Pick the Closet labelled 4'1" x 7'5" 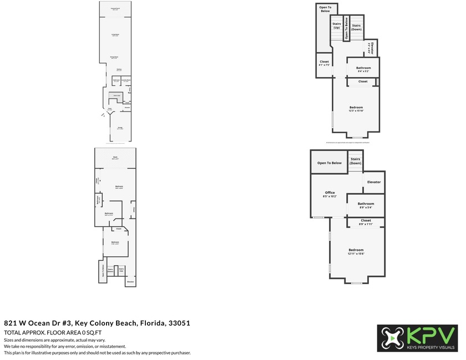(324, 63)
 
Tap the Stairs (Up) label (337, 26)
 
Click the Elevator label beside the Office (373, 182)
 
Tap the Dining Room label (114, 57)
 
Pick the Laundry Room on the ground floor (126, 80)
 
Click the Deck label (115, 158)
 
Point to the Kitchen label (119, 69)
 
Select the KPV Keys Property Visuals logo (418, 338)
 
